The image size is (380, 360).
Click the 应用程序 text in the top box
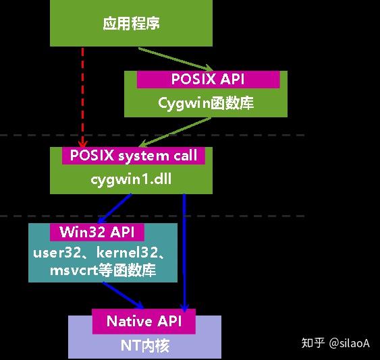point(131,24)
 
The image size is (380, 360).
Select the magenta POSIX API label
point(207,79)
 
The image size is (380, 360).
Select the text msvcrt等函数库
point(103,270)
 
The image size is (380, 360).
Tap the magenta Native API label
point(143,321)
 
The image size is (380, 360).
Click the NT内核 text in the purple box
point(145,346)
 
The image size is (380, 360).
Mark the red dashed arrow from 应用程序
point(83,94)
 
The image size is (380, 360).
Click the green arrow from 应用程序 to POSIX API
point(175,59)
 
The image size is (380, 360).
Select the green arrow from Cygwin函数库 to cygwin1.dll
point(195,131)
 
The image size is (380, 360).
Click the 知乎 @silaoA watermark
point(335,343)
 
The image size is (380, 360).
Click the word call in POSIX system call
point(184,156)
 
